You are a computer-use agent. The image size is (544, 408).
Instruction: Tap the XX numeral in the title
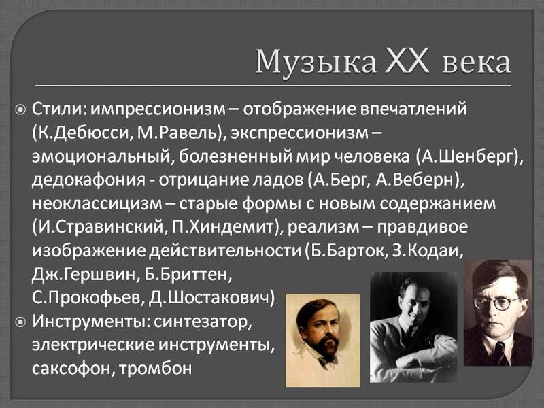(x=407, y=61)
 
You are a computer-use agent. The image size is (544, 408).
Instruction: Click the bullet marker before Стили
(x=21, y=110)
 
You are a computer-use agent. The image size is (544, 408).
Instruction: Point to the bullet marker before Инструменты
(x=21, y=322)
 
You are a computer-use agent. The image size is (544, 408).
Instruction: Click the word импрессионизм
(x=158, y=109)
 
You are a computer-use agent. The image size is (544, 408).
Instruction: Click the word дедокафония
(x=89, y=180)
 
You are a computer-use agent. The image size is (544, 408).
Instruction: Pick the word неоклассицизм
(x=97, y=204)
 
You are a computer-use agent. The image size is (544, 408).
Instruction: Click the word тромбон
(x=156, y=369)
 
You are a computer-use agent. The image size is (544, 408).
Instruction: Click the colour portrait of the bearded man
(x=322, y=340)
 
